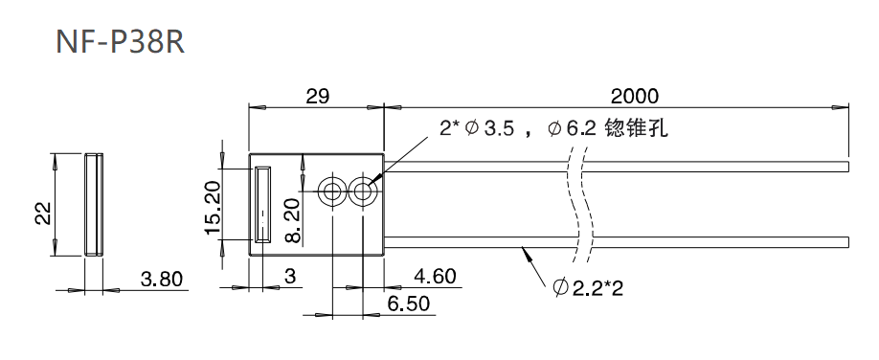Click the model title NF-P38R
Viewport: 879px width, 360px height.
pyautogui.click(x=120, y=42)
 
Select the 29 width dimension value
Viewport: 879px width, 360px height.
pyautogui.click(x=317, y=96)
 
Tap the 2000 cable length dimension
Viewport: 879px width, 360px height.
pyautogui.click(x=635, y=96)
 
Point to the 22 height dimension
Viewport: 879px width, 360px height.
pyautogui.click(x=43, y=214)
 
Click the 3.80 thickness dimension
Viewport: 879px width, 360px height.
pyautogui.click(x=162, y=279)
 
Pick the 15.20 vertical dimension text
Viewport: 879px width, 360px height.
pyautogui.click(x=214, y=209)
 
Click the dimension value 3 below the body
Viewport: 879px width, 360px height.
pyautogui.click(x=290, y=277)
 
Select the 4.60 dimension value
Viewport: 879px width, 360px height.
pyautogui.click(x=435, y=276)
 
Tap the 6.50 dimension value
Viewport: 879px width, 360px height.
pyautogui.click(x=408, y=304)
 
